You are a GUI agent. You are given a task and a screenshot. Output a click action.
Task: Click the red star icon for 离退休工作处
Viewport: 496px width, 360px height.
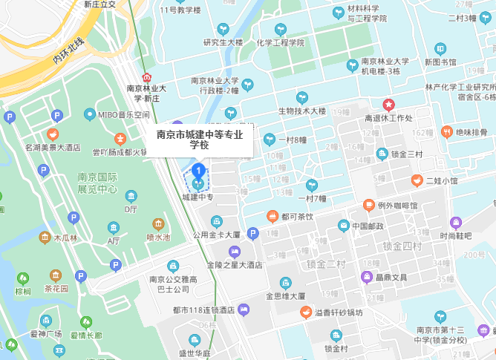(388, 105)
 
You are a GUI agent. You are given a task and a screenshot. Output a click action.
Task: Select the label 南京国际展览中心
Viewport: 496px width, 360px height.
(98, 183)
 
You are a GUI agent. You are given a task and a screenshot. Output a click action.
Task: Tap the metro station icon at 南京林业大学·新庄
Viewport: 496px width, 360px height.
(147, 76)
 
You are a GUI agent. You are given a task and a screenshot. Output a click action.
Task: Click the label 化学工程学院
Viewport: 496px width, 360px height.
(280, 43)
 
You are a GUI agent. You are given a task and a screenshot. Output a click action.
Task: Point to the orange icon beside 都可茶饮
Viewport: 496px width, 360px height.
(273, 216)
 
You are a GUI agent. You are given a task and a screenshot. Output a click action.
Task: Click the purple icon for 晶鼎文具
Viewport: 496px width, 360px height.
(366, 277)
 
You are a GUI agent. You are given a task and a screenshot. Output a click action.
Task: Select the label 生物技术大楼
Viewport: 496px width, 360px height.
(302, 111)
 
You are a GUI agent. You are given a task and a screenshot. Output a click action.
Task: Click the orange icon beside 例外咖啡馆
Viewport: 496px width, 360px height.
(368, 205)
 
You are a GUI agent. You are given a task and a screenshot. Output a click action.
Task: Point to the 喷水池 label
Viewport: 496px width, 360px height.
(158, 238)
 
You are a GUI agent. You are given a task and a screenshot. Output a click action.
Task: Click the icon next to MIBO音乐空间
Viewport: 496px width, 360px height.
(90, 114)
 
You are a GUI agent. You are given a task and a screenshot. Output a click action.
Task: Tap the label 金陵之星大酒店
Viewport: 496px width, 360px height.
(235, 264)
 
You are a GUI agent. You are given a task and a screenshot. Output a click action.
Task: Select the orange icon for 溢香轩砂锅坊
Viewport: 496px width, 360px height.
(305, 312)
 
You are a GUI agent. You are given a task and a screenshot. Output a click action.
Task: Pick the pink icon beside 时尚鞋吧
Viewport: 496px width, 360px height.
(456, 222)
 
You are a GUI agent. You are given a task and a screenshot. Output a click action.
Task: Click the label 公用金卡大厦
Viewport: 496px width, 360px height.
(216, 235)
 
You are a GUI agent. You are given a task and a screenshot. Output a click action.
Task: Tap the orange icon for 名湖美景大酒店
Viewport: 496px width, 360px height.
(52, 134)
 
